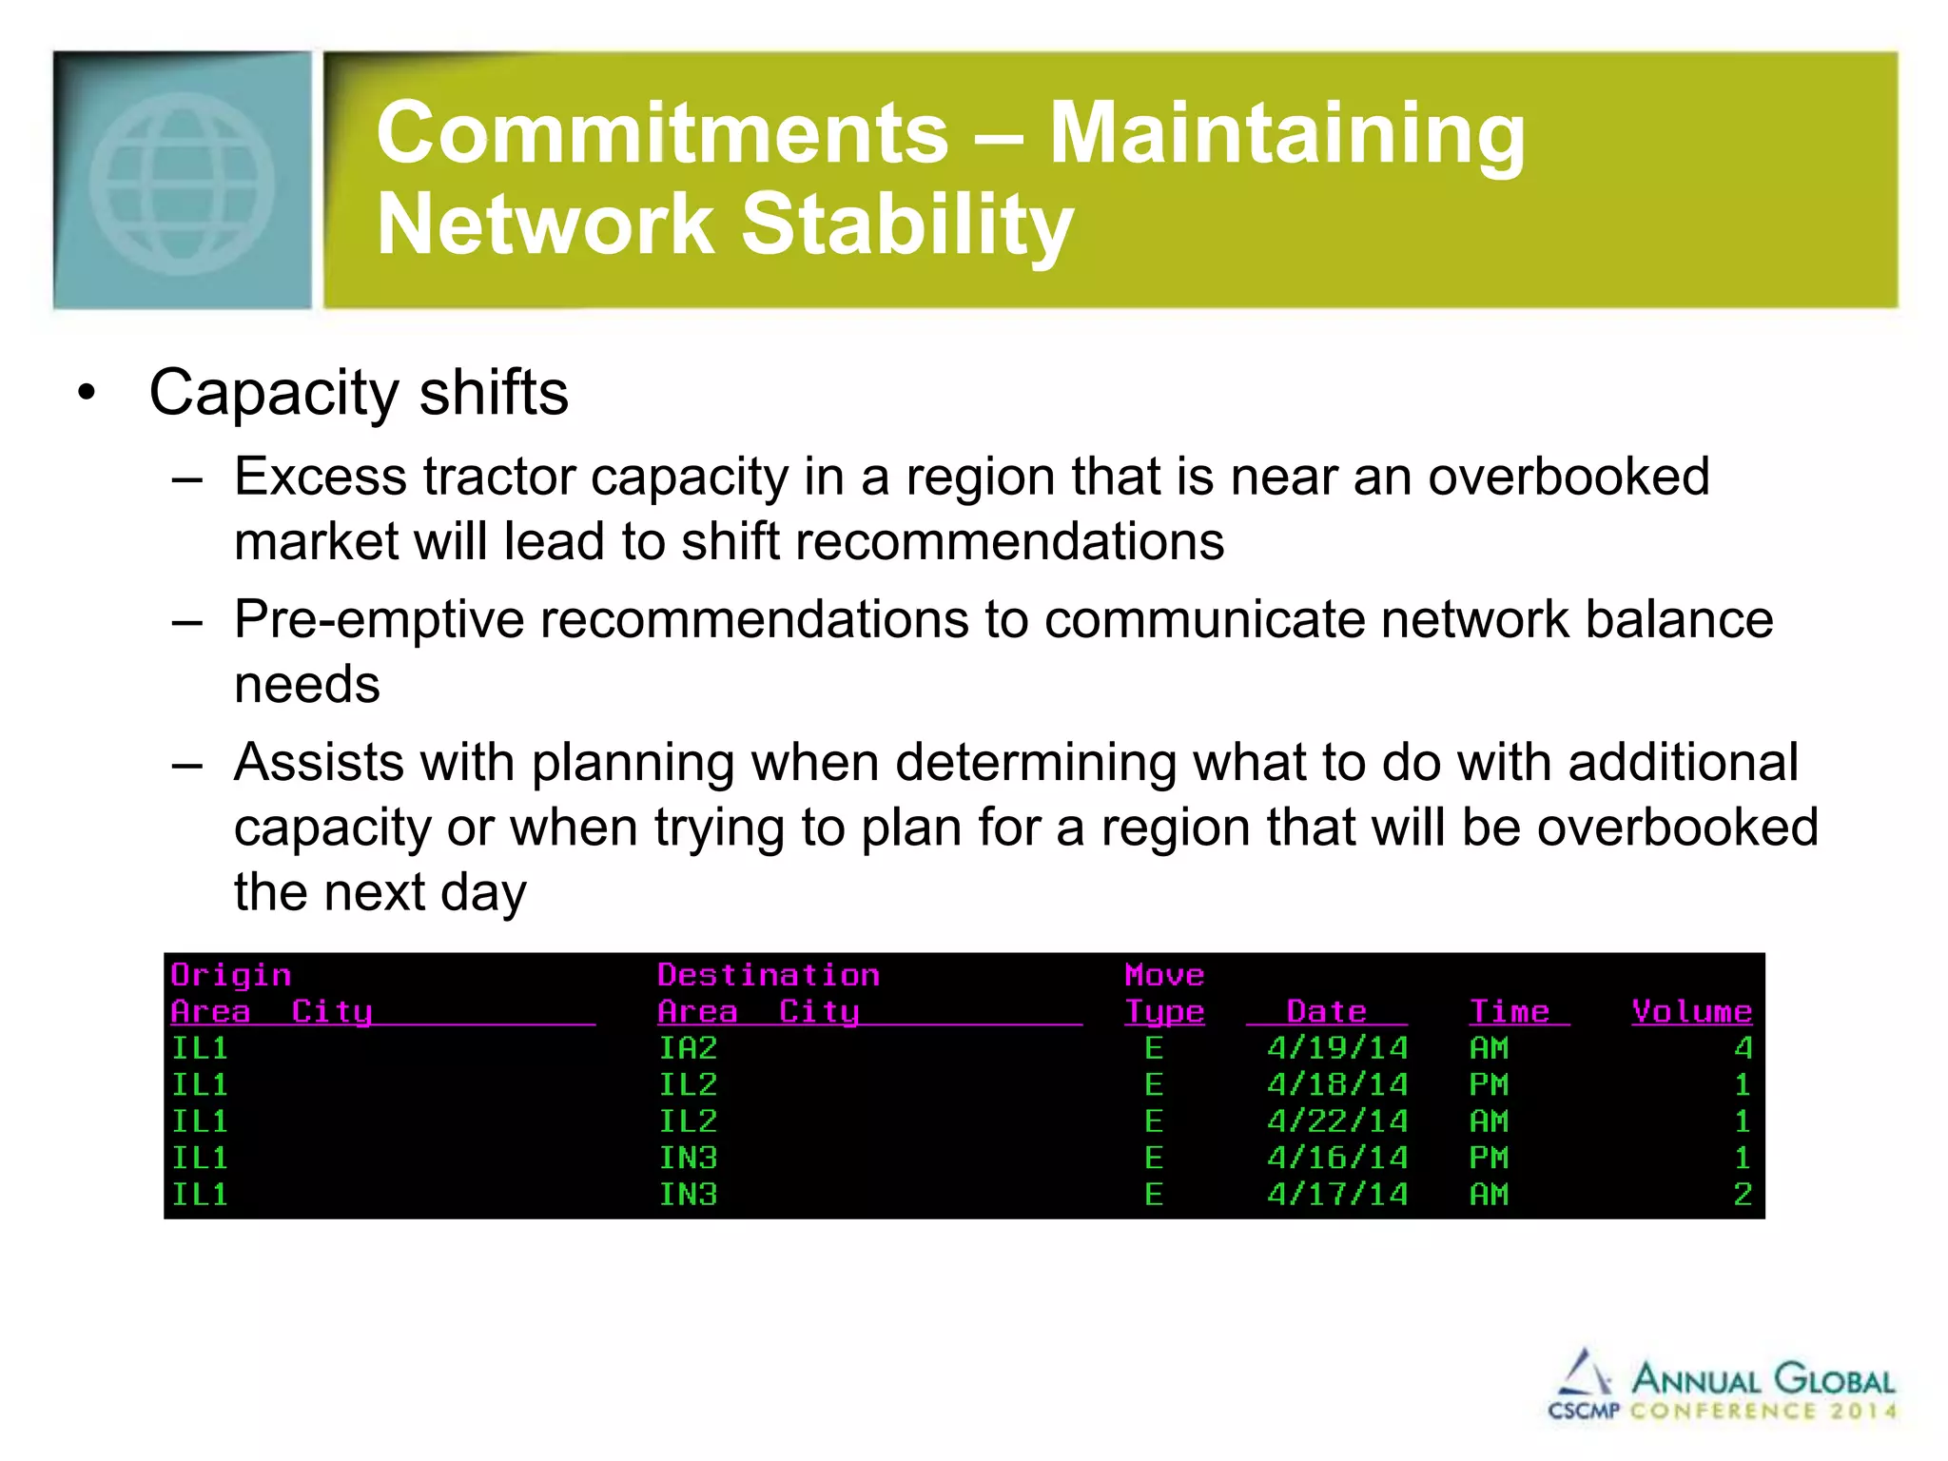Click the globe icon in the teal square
[x=182, y=182]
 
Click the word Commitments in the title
[x=662, y=133]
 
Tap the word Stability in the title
[x=906, y=224]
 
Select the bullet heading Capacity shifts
[x=359, y=392]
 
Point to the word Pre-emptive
[x=379, y=619]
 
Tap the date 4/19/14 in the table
[x=1336, y=1048]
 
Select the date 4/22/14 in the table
[x=1336, y=1121]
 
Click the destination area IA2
[x=688, y=1048]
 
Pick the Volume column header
[x=1691, y=1011]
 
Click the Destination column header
[x=769, y=975]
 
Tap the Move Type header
[x=1164, y=993]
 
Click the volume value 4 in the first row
[x=1743, y=1048]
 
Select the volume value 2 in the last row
[x=1743, y=1195]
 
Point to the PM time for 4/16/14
[x=1489, y=1159]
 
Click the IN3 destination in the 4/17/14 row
[x=688, y=1195]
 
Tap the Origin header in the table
[x=231, y=975]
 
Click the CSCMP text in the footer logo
[x=1584, y=1411]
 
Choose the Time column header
[x=1510, y=1011]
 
